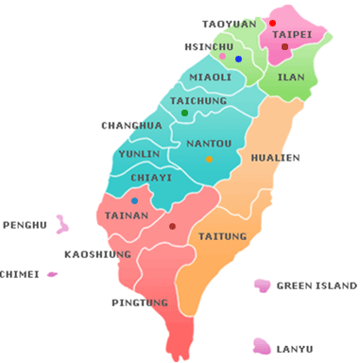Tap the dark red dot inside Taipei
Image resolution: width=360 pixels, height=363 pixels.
[284, 46]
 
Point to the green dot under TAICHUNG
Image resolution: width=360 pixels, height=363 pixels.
[184, 113]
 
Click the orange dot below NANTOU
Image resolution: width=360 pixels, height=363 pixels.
[209, 159]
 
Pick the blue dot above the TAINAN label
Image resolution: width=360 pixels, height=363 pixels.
[134, 201]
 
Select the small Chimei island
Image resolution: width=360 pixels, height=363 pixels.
[52, 274]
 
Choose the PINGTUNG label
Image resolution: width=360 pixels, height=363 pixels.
[140, 302]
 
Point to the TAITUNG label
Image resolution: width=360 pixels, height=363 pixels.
[224, 235]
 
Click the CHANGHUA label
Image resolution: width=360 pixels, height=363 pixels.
[132, 125]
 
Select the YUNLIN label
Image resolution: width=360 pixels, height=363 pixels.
[138, 153]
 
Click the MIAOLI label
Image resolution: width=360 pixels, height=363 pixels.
[210, 77]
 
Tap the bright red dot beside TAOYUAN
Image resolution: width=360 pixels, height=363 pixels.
[272, 23]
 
